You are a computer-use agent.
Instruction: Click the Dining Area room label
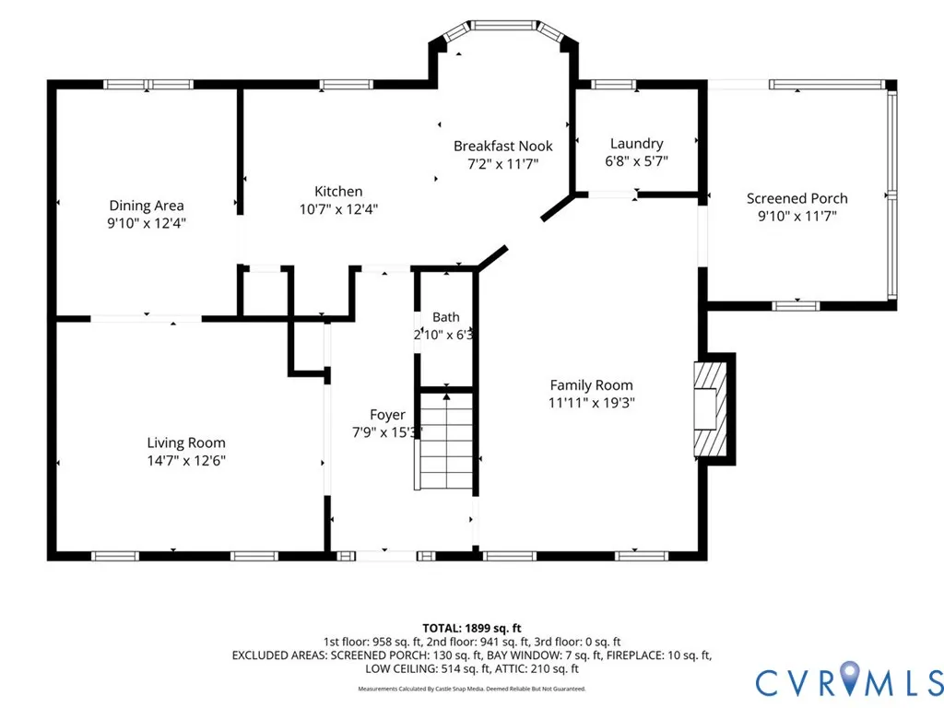[x=147, y=206]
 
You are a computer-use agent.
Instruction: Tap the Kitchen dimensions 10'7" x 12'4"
[x=339, y=209]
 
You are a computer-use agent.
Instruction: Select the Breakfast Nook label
[x=502, y=146]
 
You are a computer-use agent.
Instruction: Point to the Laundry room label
[x=636, y=143]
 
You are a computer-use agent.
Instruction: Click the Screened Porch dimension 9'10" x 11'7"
[x=797, y=216]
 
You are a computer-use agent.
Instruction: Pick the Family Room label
[x=591, y=384]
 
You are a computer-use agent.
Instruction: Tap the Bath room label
[x=445, y=317]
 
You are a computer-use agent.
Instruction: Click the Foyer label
[x=387, y=415]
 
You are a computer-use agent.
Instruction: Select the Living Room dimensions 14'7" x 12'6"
[x=186, y=461]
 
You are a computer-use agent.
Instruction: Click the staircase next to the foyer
[x=446, y=442]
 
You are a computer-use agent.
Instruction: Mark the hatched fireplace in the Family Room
[x=711, y=409]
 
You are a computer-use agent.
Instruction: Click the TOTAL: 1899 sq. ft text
[x=471, y=629]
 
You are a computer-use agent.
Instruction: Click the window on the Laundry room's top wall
[x=613, y=84]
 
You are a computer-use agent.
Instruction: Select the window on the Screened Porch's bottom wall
[x=796, y=306]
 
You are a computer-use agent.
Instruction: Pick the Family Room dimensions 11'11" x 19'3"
[x=591, y=403]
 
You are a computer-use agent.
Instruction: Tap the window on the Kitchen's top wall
[x=346, y=84]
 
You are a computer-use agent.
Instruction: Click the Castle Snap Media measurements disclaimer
[x=471, y=689]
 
